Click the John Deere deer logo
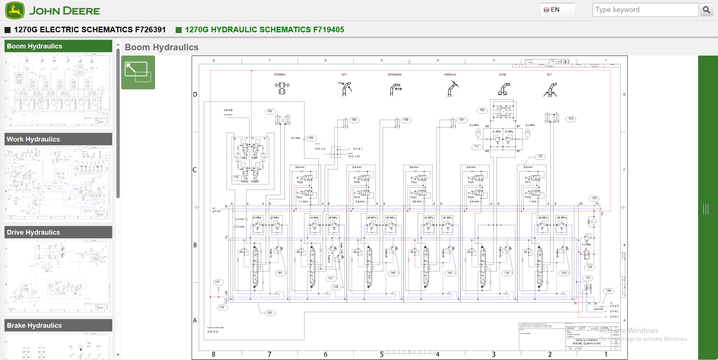15,11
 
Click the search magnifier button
706,10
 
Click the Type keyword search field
644,10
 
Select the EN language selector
557,10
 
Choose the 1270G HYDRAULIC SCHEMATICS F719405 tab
264,30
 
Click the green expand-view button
138,72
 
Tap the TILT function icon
550,90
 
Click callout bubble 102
270,111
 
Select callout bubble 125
540,157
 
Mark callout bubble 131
217,282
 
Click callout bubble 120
269,312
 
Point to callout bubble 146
608,291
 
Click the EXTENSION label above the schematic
394,75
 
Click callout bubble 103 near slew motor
482,110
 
